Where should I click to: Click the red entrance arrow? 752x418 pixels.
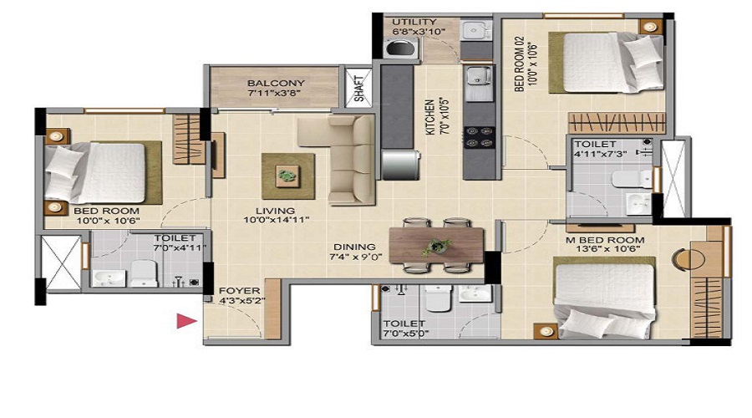[x=185, y=320]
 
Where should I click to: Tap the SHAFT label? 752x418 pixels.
[x=359, y=89]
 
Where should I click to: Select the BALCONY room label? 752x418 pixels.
[x=276, y=83]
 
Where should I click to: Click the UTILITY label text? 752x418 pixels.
[x=414, y=22]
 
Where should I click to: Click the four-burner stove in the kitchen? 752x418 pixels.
[x=480, y=136]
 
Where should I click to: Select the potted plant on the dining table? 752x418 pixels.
[x=437, y=247]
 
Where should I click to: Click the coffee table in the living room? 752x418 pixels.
[x=288, y=176]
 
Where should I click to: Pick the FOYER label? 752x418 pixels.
[x=239, y=290]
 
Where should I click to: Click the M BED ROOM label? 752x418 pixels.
[x=605, y=240]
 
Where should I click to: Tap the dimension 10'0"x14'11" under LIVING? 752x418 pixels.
[x=277, y=220]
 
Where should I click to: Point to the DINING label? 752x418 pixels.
[x=355, y=247]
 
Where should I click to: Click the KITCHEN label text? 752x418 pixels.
[x=430, y=116]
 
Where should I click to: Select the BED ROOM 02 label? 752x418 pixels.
[x=520, y=64]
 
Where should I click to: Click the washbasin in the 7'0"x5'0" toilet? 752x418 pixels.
[x=475, y=293]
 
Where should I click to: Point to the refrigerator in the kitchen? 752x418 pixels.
[x=401, y=165]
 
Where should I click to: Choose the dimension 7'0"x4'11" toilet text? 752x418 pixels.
[x=180, y=247]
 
